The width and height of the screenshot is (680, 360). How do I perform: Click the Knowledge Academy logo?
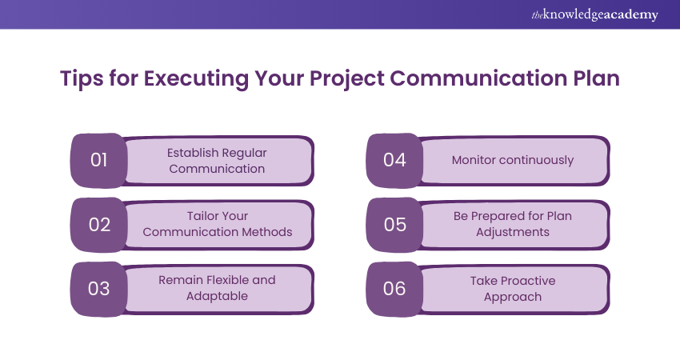click(594, 14)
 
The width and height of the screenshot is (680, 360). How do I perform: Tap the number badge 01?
click(99, 161)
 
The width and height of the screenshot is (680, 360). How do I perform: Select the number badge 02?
click(99, 225)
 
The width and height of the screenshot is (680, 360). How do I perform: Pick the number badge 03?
click(99, 289)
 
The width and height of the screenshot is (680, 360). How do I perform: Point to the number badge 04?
click(394, 161)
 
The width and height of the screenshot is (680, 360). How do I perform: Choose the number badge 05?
click(394, 225)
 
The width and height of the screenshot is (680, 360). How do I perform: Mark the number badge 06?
click(394, 289)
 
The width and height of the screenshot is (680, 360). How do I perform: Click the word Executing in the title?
click(196, 79)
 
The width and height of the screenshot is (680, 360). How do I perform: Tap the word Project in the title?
click(346, 79)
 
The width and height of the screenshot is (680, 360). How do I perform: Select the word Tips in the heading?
click(82, 79)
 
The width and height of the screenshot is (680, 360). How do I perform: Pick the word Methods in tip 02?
click(266, 232)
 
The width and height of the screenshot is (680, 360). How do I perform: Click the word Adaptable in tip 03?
click(218, 296)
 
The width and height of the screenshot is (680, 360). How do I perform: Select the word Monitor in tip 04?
click(474, 160)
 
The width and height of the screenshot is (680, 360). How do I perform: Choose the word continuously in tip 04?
click(537, 161)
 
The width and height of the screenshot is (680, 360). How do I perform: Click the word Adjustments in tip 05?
click(513, 233)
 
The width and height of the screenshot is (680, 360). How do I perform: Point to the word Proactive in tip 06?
click(528, 281)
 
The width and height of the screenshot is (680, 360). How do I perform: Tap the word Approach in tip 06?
click(513, 297)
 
